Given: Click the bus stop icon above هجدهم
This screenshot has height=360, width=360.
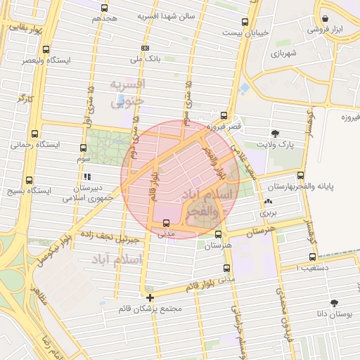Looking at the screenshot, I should click(104, 8).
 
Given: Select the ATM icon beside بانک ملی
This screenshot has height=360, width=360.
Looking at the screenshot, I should click(145, 48).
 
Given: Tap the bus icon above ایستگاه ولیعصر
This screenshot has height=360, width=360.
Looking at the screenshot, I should click(46, 50).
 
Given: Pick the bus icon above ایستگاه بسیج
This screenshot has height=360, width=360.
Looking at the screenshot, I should click(29, 180).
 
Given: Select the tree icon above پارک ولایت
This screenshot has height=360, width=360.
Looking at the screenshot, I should click(274, 133).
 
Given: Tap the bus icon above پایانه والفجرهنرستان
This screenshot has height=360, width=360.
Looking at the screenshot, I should click(300, 175).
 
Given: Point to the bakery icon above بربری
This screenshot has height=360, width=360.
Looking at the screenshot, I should click(268, 201).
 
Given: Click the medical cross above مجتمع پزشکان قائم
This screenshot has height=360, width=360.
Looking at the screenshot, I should click(149, 297).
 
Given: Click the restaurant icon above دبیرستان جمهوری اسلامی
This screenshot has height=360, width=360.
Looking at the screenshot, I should click(86, 177).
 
